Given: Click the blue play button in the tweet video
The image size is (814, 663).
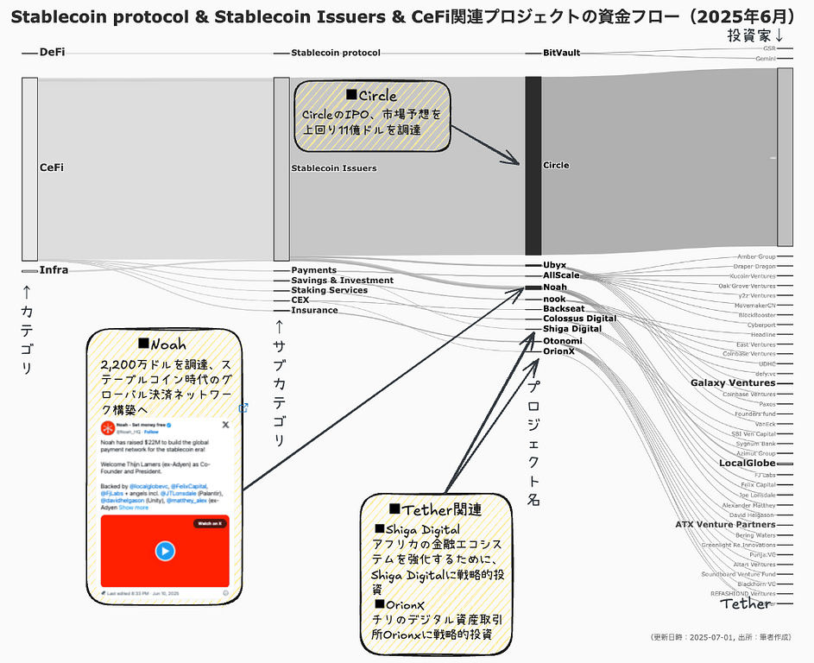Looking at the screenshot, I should (x=165, y=551).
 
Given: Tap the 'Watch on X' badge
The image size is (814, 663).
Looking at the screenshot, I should (x=211, y=523).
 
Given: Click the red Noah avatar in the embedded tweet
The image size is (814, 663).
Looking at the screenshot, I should (x=108, y=428).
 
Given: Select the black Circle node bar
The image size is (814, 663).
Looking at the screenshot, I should (x=533, y=165).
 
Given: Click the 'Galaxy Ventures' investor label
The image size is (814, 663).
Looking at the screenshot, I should (x=733, y=382).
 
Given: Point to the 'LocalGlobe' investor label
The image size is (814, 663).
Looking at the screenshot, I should (x=748, y=463).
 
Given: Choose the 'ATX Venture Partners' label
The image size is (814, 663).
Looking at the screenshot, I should (x=725, y=524).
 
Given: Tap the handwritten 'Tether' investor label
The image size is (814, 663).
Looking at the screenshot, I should (x=746, y=603).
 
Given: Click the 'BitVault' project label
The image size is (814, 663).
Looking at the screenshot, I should (x=561, y=53).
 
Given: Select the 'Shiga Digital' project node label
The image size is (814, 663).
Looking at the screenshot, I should (x=572, y=329).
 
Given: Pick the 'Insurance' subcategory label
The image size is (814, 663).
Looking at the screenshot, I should (x=314, y=310).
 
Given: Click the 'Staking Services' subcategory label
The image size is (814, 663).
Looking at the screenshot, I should (x=329, y=290).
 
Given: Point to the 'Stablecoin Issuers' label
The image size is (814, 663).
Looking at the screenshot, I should (x=333, y=167).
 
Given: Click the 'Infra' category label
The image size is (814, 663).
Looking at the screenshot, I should (x=54, y=270).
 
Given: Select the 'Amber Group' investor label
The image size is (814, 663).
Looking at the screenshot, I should (x=755, y=256).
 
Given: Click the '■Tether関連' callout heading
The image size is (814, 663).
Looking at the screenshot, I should (x=435, y=509).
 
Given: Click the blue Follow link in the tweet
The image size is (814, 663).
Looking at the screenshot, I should (x=151, y=431).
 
